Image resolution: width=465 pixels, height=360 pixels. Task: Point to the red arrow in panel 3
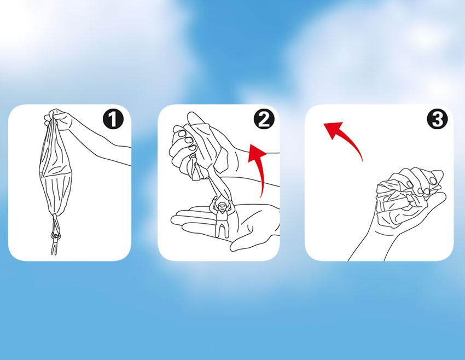click(x=350, y=136)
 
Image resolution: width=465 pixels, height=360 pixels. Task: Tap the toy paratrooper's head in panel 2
click(x=222, y=206)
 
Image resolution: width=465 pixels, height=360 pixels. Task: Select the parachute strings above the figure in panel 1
click(x=56, y=224)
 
